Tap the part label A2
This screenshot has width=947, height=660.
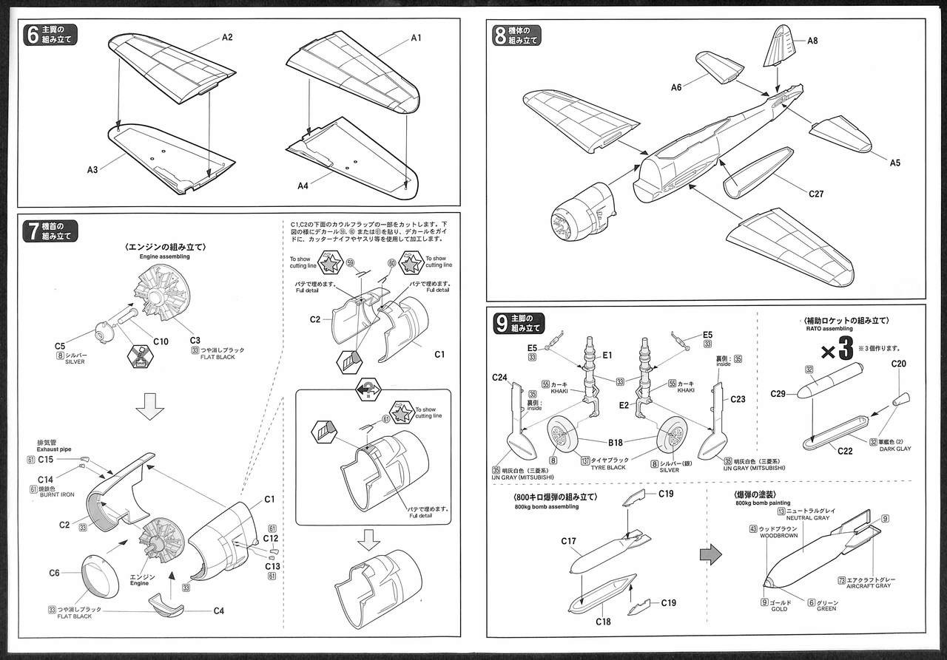point(227,37)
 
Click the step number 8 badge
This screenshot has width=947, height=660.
point(501,35)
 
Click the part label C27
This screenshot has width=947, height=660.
point(816,194)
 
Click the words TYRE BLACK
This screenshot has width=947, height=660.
point(607,468)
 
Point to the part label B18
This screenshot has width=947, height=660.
point(615,443)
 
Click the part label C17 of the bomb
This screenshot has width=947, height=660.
point(567,542)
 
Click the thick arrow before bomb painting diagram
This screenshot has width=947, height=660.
point(710,555)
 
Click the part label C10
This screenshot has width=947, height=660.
point(161,341)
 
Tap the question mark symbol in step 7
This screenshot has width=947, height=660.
point(368,389)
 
